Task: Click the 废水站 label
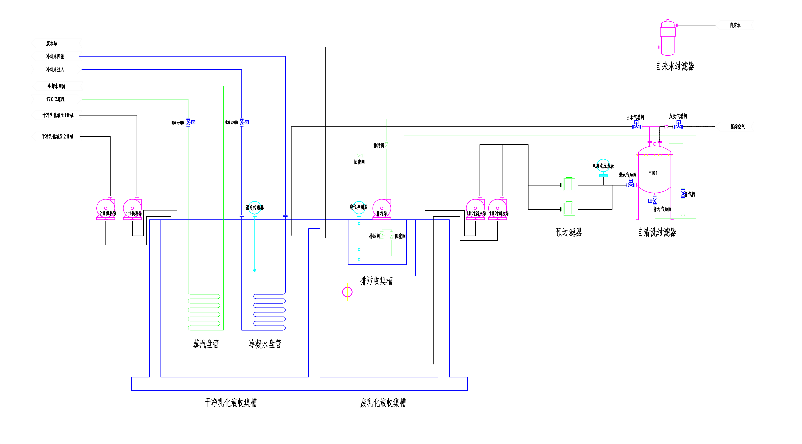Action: coord(52,43)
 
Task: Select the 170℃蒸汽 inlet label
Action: coord(55,99)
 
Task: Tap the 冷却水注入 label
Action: coord(55,69)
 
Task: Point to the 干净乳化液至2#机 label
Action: coord(58,136)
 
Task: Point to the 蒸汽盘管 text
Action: coord(206,344)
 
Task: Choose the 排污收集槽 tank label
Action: coord(376,281)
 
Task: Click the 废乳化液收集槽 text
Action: coord(383,403)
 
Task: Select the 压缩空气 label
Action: coord(738,127)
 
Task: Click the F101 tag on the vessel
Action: coord(653,173)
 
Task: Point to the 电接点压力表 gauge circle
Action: coord(603,165)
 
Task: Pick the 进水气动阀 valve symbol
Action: coord(631,184)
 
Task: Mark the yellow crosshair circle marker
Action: coord(347,292)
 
